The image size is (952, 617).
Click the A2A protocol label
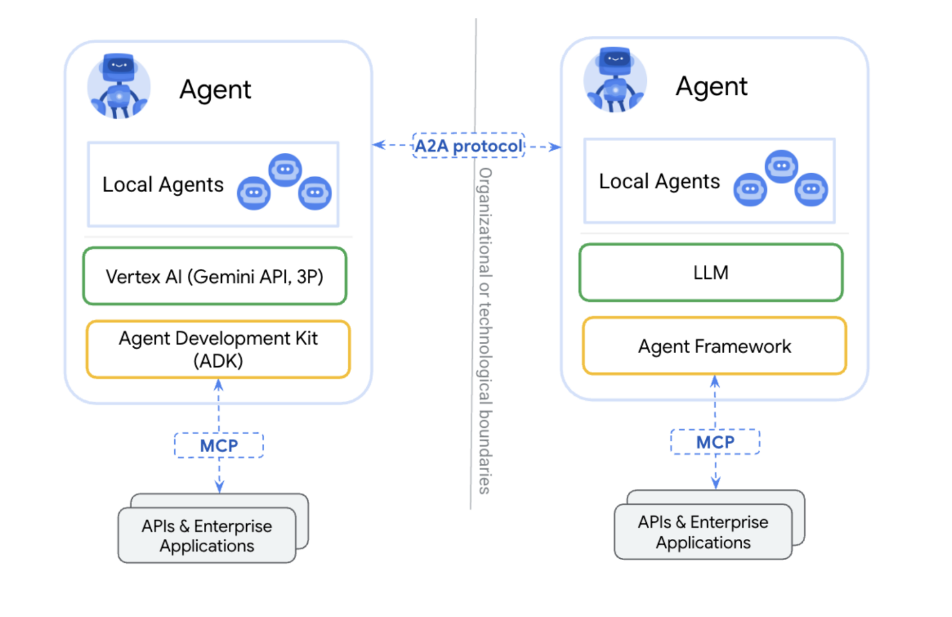tap(469, 146)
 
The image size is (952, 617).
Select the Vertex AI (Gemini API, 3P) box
tap(214, 276)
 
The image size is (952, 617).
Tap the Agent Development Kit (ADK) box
tap(218, 349)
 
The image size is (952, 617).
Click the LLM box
tap(711, 273)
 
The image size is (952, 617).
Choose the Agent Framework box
tap(715, 346)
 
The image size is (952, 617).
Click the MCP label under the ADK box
tap(219, 445)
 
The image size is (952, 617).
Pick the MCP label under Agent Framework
tap(715, 442)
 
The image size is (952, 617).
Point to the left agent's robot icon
tap(118, 86)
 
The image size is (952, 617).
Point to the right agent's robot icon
tap(615, 81)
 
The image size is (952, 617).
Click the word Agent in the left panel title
tap(215, 90)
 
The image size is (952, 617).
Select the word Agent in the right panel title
tap(712, 87)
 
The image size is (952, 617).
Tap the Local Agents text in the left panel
tap(163, 185)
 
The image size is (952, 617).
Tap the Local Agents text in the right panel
tap(659, 182)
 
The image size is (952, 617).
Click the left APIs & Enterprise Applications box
tap(207, 536)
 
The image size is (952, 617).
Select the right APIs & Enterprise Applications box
tap(703, 532)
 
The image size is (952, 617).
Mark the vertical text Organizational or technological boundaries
tap(485, 331)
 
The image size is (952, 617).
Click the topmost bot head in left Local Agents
tap(285, 169)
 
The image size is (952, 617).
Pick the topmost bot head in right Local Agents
tap(782, 166)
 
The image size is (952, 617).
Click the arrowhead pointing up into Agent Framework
tap(715, 381)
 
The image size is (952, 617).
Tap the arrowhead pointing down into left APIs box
tap(219, 487)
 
